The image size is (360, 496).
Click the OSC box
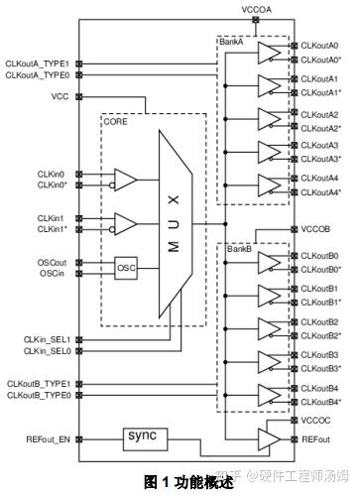(127, 269)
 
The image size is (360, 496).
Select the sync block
(143, 436)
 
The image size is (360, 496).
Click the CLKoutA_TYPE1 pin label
(37, 62)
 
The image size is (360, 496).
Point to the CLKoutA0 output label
(319, 46)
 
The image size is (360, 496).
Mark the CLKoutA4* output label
(321, 191)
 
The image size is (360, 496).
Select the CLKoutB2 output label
(319, 321)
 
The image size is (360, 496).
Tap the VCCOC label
(314, 421)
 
